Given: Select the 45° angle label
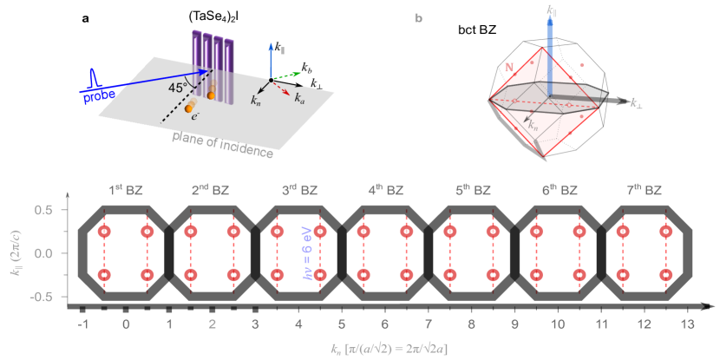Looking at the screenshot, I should (177, 88).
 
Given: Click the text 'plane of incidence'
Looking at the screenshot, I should (223, 144).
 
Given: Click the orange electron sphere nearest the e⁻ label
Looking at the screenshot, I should (189, 108).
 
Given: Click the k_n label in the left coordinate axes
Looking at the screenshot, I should (256, 100).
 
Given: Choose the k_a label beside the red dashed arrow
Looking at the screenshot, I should (299, 98).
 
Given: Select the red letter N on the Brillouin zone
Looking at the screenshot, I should (509, 67).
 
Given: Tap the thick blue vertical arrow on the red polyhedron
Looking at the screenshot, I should (549, 52).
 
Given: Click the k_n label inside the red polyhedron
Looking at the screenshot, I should (533, 127).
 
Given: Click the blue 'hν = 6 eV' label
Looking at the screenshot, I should (306, 252).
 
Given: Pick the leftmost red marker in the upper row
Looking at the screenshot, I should (104, 231).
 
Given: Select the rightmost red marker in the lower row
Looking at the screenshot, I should (665, 274).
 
